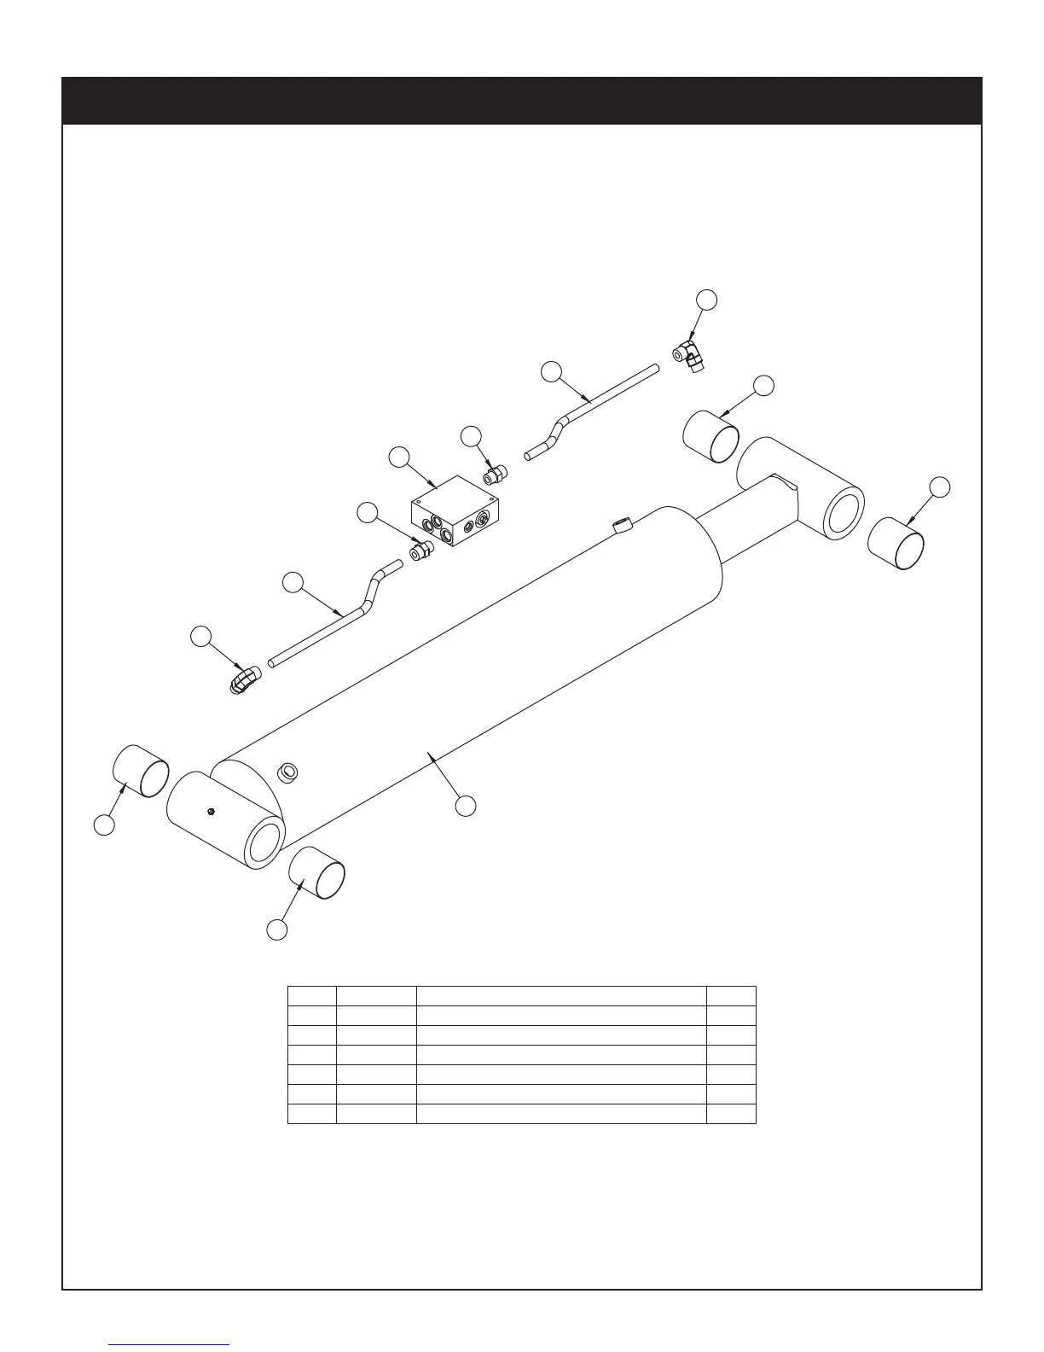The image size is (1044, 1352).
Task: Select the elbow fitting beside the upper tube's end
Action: click(688, 354)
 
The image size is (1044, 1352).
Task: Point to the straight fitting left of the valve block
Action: click(420, 551)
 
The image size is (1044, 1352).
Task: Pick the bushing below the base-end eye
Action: click(317, 873)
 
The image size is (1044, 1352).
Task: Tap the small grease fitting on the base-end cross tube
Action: click(210, 810)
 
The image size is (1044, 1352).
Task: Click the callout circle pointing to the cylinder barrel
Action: click(465, 805)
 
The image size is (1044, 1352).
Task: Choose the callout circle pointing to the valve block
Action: click(398, 457)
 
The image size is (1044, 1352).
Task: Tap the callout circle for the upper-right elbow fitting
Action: click(706, 300)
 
